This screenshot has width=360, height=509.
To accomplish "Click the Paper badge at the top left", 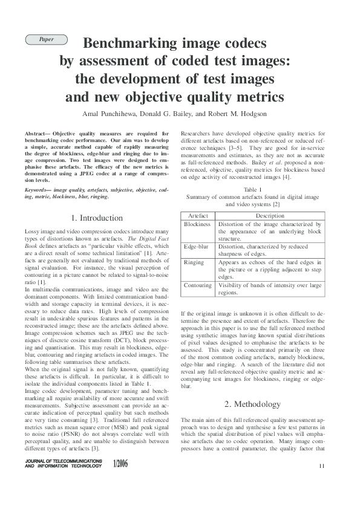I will click(x=46, y=39).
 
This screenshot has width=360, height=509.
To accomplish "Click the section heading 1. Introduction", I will click(x=97, y=218).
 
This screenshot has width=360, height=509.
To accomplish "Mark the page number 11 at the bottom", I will click(x=321, y=465).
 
